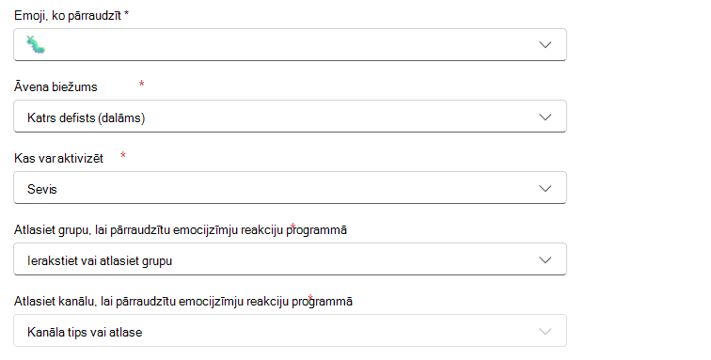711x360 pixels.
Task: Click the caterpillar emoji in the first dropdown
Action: [x=36, y=44]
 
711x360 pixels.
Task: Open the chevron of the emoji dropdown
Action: [x=545, y=44]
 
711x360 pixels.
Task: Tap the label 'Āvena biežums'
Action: [x=55, y=86]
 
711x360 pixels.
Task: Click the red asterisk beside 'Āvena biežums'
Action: [x=141, y=84]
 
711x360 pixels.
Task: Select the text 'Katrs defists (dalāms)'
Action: [x=87, y=117]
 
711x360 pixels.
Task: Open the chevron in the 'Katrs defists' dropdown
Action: [x=545, y=117]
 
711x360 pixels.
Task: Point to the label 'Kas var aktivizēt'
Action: [x=59, y=158]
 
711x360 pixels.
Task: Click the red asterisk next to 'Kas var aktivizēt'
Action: [x=123, y=155]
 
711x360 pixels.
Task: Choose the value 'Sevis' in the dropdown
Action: [x=42, y=189]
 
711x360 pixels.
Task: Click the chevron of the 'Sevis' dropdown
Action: [x=545, y=188]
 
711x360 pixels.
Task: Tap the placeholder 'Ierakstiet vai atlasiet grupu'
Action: [x=100, y=260]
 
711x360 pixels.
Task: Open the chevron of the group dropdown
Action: [x=545, y=259]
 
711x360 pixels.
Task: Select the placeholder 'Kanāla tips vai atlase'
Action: [x=85, y=332]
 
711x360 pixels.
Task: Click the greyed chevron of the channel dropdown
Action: [x=545, y=332]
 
